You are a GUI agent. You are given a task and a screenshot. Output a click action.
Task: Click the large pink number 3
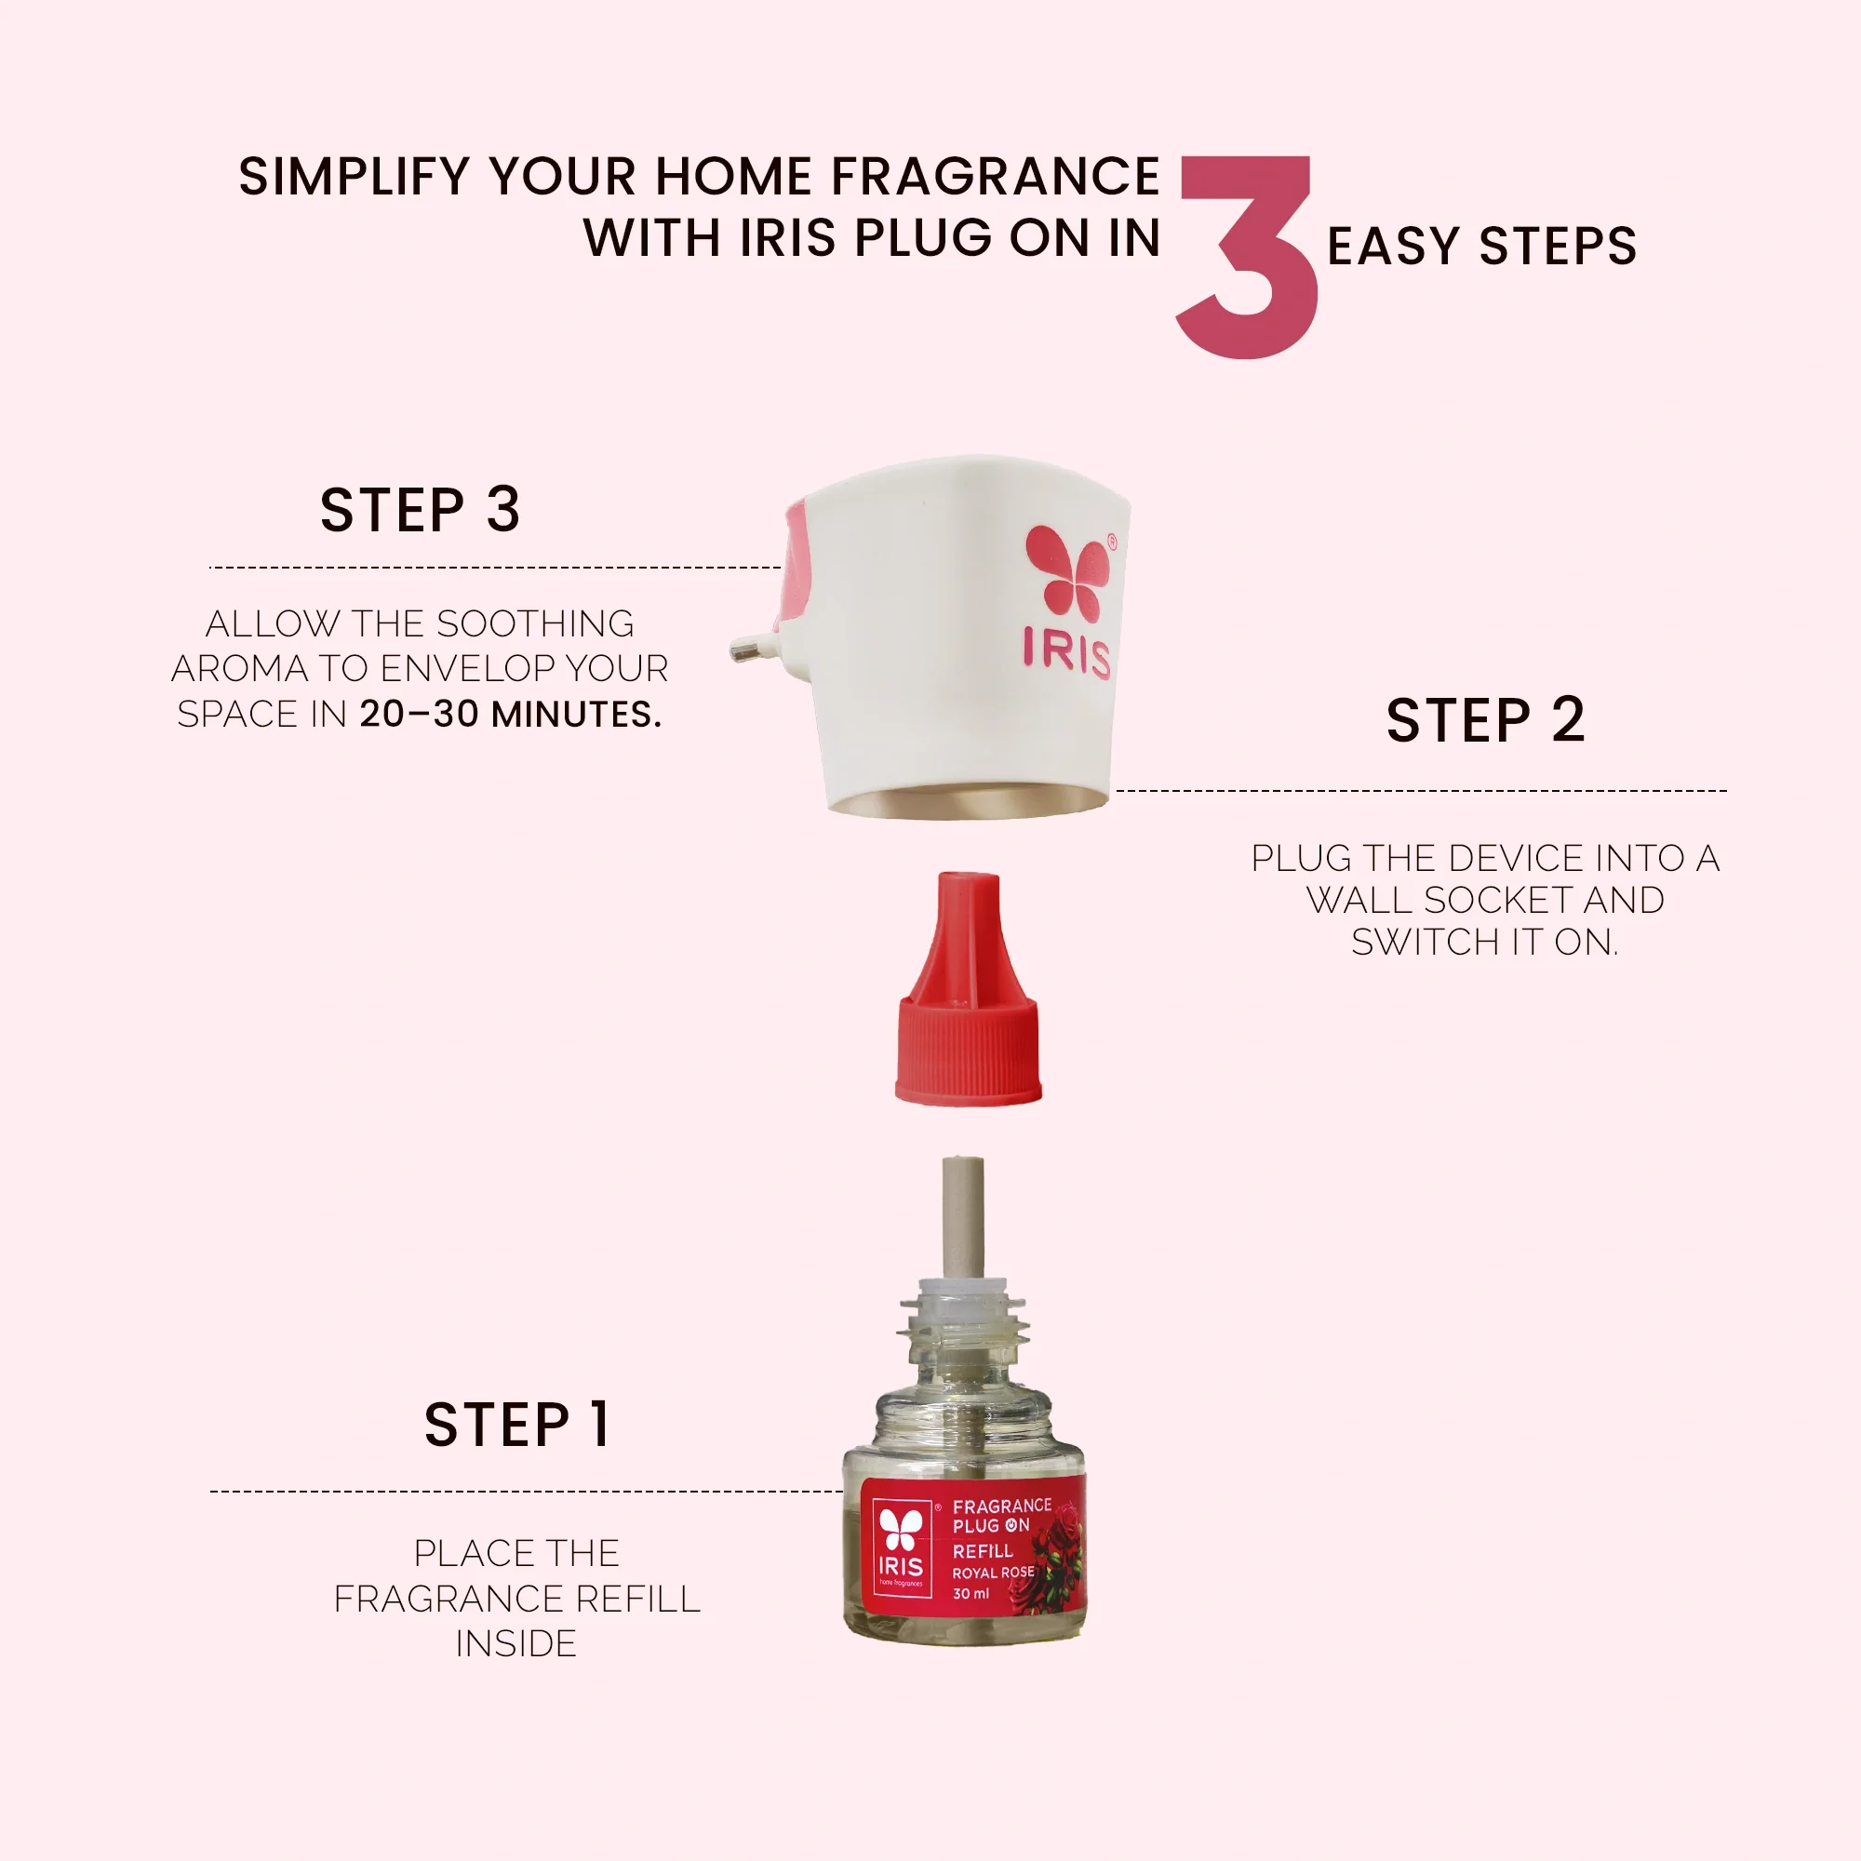[x=1249, y=257]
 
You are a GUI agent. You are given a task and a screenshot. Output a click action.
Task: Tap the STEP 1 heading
[x=517, y=1425]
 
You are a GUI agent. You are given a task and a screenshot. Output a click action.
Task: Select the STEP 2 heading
[x=1485, y=719]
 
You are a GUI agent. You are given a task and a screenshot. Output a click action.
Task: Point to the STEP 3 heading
[x=420, y=510]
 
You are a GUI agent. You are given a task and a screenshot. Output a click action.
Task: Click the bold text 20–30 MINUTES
[x=511, y=714]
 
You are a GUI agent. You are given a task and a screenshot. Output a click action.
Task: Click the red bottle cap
[x=969, y=988]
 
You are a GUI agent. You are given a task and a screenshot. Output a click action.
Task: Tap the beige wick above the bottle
[x=963, y=1219]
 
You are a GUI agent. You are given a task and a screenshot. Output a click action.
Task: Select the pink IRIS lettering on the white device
[x=1067, y=652]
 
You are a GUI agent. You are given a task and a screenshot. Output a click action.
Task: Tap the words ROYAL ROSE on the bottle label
[x=993, y=1573]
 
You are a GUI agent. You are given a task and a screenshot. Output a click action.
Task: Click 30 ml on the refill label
[x=971, y=1594]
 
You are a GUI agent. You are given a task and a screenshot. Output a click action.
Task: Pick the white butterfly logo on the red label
[x=902, y=1529]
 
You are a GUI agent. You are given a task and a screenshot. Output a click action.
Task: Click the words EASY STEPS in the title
[x=1482, y=246]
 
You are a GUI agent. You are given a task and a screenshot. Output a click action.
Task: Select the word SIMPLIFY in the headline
[x=355, y=177]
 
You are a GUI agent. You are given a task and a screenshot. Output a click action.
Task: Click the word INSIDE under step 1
[x=516, y=1643]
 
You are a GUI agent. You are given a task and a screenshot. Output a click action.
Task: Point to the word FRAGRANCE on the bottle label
[x=1002, y=1506]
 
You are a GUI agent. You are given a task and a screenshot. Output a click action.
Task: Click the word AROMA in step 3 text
[x=240, y=667]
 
